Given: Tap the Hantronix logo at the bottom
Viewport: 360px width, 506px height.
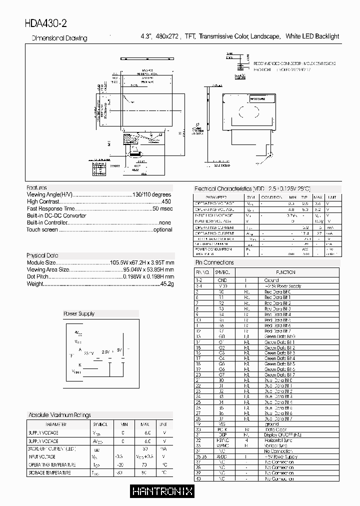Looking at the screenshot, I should point(162,491).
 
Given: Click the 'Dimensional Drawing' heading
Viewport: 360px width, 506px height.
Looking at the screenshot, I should point(59,38).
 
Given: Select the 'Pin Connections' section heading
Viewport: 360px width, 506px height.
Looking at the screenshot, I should point(214,262).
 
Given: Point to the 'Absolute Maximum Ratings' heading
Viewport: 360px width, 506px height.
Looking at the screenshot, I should point(60,415).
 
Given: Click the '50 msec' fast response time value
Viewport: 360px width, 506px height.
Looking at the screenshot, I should point(162,208).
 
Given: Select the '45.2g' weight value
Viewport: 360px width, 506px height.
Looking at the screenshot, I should point(166,283).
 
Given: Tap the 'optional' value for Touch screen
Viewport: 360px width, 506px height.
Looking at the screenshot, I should point(162,229).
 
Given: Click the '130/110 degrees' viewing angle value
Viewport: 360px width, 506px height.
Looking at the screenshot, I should point(151,194).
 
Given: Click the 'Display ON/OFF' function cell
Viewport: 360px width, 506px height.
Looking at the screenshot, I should point(282,434).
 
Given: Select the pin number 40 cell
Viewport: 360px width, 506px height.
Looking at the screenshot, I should point(198,478).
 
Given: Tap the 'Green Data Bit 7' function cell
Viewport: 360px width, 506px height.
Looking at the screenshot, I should point(279,375).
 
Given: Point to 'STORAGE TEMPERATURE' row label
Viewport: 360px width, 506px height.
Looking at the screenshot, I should point(49,472).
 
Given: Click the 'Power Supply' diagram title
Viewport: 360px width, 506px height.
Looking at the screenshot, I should point(78,313).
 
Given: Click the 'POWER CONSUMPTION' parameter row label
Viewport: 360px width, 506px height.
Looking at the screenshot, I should point(213,249).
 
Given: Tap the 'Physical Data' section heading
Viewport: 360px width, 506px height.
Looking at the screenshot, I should point(42,255).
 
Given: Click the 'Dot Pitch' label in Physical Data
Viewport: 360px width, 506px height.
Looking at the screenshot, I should point(37,276).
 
